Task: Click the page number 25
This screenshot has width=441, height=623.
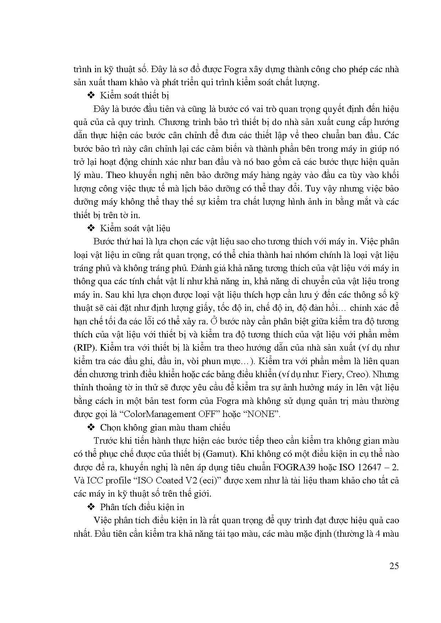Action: pos(394,566)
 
